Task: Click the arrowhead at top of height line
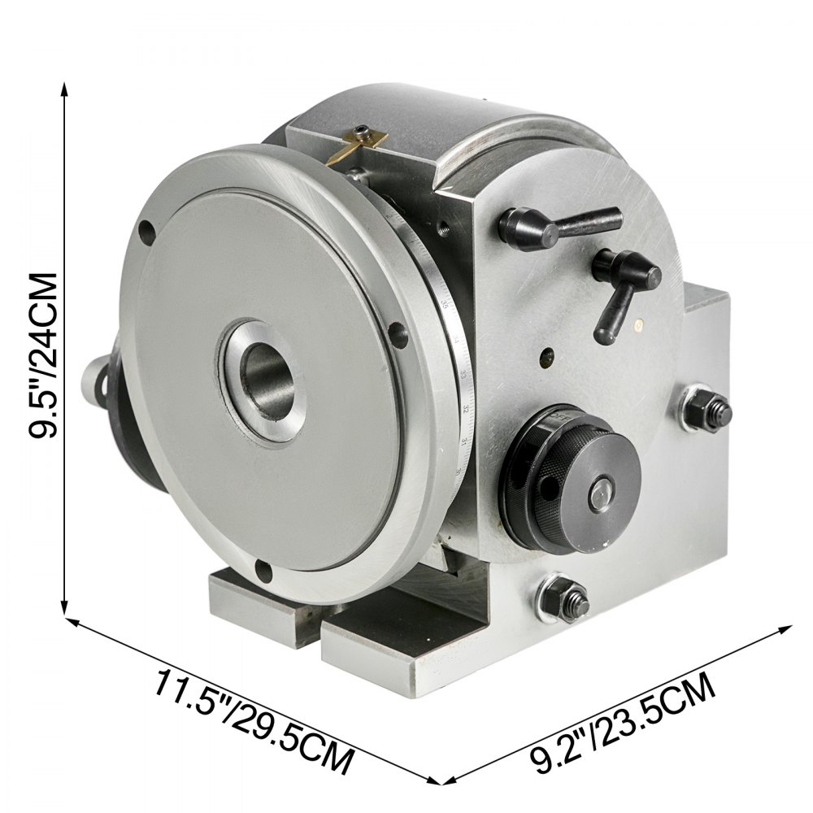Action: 64,88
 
